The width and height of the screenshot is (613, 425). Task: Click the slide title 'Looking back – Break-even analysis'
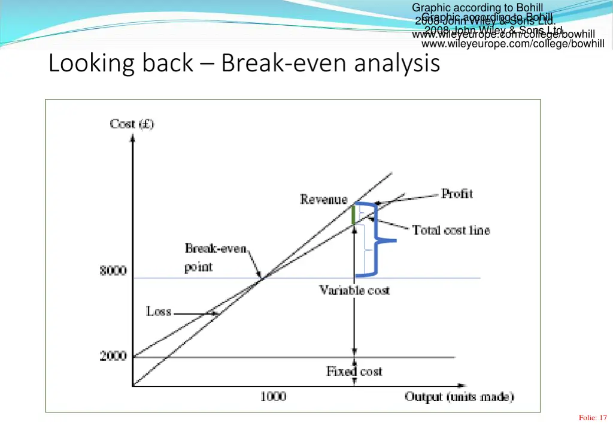[244, 63]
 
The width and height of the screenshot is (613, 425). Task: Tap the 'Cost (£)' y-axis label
[132, 124]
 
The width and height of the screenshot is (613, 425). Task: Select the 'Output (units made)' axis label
[459, 397]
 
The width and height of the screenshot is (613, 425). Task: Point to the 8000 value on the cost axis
[113, 271]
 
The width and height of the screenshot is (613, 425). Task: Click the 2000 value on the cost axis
[113, 357]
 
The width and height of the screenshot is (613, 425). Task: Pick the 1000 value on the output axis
[273, 396]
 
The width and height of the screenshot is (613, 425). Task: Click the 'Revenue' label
[323, 200]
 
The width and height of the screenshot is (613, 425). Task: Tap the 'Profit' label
[457, 194]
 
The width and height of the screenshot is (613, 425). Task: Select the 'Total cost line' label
[450, 230]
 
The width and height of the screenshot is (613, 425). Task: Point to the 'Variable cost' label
[354, 291]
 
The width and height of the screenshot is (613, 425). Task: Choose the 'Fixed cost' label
[354, 372]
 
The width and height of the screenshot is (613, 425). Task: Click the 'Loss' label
[159, 312]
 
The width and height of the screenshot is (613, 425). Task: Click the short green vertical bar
[353, 215]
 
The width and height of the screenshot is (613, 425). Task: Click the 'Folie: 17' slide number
[593, 418]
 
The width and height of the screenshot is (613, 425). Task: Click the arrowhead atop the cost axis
[132, 136]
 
